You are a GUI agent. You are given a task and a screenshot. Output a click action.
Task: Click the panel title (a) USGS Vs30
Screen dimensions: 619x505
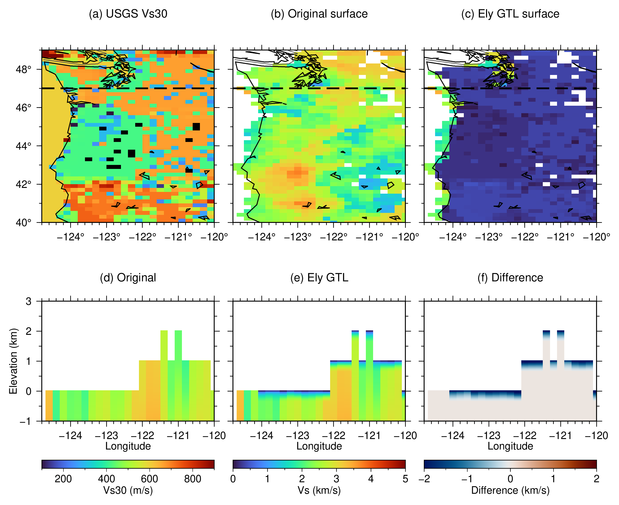coord(128,14)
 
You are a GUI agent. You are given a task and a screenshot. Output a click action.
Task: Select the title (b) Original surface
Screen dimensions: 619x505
coord(319,14)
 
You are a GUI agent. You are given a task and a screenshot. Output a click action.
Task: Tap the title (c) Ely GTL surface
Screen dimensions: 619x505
coord(510,14)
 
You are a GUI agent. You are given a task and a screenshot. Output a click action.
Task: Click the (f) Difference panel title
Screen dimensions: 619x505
coord(510,278)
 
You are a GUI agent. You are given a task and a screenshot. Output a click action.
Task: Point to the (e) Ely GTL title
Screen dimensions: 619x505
coord(319,278)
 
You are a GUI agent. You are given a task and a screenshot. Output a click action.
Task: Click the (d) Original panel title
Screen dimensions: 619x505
coord(128,278)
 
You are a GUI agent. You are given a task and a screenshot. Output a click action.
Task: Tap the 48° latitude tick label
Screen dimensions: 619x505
coord(23,70)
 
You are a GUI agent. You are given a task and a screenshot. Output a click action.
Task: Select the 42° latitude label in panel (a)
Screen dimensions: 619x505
coord(23,184)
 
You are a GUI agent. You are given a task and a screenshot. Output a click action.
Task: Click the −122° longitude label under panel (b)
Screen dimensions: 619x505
coord(333,237)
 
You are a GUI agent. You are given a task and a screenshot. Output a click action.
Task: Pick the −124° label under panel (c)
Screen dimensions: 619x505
coord(453,237)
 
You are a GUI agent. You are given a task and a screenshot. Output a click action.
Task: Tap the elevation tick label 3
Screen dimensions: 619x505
coord(28,301)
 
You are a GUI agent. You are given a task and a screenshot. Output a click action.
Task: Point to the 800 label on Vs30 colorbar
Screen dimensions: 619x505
coord(193,479)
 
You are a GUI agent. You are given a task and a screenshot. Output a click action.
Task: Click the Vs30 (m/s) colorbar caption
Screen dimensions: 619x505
coord(128,491)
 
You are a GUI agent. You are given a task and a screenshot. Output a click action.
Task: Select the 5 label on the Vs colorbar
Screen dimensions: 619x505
coord(405,479)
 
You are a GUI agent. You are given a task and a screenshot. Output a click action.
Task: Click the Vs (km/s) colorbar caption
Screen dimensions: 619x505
coord(319,491)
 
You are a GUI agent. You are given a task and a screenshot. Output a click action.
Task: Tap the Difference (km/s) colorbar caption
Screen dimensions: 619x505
coord(510,491)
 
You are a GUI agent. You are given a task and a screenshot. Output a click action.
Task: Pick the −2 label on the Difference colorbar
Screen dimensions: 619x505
coord(424,479)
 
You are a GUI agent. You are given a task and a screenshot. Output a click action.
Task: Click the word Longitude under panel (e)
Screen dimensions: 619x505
coord(319,446)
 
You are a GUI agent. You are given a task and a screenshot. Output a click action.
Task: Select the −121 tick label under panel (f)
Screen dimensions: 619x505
coord(561,436)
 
